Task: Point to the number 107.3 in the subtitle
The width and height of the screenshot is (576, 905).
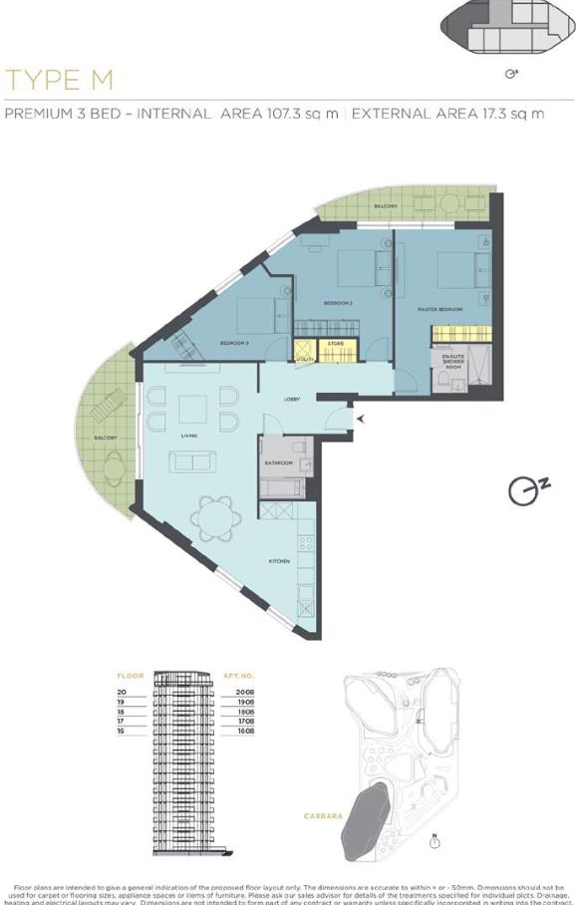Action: coord(288,114)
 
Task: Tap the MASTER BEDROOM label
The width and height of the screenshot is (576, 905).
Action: coord(439,310)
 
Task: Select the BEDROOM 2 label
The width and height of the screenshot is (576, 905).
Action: coord(339,302)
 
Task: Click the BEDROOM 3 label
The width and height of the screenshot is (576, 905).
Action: coord(234,343)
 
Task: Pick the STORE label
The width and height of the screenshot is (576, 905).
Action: coord(336,343)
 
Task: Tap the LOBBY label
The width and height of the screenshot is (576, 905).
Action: coord(292,400)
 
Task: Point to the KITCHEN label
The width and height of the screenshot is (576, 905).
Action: coord(279,561)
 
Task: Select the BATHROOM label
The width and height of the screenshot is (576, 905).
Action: coord(278,462)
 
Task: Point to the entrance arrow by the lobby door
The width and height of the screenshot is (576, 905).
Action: coord(361,420)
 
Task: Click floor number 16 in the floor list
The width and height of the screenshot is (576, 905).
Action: coord(122,731)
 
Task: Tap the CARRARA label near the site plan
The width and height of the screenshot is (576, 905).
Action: coord(323,816)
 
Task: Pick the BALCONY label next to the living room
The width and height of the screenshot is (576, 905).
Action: coord(106,438)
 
